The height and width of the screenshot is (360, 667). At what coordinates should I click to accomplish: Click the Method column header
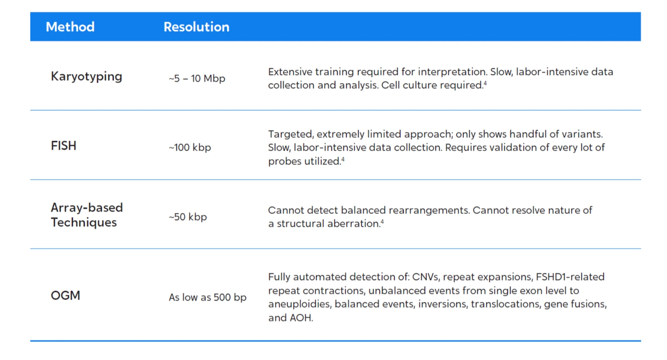70,27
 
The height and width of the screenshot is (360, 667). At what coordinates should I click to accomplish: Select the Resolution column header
196,27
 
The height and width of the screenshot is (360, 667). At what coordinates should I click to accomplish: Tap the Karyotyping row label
87,77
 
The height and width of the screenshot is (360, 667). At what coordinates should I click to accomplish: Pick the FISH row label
64,146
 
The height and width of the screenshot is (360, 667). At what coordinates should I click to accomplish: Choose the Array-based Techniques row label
87,215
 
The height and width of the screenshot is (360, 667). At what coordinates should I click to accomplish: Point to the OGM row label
66,295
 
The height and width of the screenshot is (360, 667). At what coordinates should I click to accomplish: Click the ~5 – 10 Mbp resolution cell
197,78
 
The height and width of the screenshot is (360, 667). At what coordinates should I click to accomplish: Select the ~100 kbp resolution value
190,147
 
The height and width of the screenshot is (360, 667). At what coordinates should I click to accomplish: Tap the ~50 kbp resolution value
188,217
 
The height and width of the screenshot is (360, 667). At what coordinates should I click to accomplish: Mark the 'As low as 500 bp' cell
207,297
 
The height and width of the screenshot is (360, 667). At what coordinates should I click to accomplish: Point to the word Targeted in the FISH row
291,134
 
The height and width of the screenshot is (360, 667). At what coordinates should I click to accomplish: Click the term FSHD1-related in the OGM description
570,277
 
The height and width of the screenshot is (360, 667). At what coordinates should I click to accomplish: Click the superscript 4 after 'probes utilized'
343,159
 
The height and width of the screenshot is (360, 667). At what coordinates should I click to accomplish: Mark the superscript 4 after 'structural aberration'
382,221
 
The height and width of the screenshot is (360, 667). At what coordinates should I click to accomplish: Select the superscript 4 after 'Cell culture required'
485,83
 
